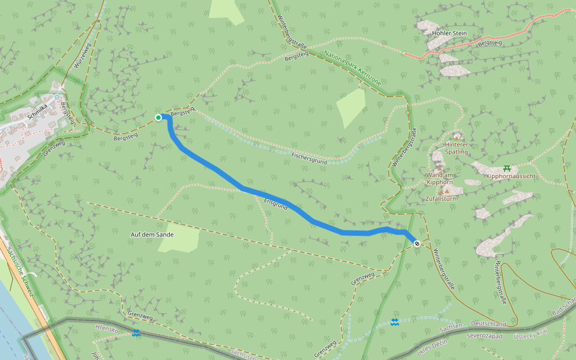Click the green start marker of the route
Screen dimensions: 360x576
(158, 118)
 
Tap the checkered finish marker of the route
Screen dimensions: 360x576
(417, 243)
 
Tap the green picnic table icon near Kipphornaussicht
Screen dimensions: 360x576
(508, 168)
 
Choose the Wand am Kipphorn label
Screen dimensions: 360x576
(439, 178)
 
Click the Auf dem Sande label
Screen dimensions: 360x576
(152, 235)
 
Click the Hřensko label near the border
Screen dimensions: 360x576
(107, 328)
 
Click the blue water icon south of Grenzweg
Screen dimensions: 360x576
(394, 323)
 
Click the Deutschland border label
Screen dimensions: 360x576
(488, 324)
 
